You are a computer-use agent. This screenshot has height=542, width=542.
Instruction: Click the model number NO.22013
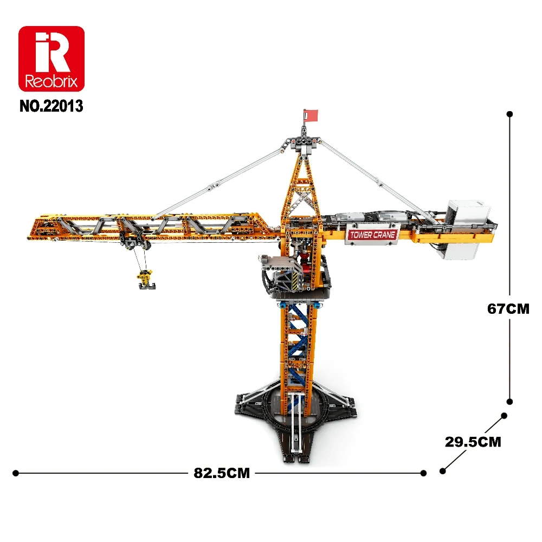click(x=51, y=106)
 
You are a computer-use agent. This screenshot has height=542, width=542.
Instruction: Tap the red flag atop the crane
click(x=311, y=115)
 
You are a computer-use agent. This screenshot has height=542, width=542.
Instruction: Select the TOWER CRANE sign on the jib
click(x=373, y=235)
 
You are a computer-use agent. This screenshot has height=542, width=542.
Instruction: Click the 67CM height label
click(x=508, y=309)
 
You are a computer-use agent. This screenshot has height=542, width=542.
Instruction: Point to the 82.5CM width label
click(x=222, y=473)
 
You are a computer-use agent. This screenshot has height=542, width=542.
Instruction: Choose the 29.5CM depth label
click(x=473, y=442)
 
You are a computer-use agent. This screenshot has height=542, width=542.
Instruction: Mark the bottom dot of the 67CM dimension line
click(x=509, y=402)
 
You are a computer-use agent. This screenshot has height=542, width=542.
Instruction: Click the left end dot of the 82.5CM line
click(x=16, y=473)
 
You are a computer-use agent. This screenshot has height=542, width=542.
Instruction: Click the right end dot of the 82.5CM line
click(x=424, y=473)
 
